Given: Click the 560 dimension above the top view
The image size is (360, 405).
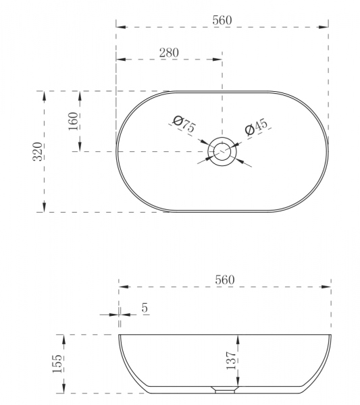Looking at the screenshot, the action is [x=222, y=20].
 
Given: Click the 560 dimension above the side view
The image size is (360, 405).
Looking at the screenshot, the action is [x=225, y=279].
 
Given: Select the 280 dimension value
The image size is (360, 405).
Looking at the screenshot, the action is [x=169, y=53].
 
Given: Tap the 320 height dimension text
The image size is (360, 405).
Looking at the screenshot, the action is [x=37, y=151].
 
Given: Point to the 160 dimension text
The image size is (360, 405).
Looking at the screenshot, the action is [x=73, y=122].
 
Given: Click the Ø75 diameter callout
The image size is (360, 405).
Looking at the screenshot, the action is [x=184, y=124].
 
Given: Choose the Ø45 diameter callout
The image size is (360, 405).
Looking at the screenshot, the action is [x=257, y=127].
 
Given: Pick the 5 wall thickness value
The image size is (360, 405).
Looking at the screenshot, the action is [x=145, y=308].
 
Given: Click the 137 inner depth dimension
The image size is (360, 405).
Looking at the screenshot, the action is [x=231, y=360].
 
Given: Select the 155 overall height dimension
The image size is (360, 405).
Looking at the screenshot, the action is [x=57, y=364].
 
